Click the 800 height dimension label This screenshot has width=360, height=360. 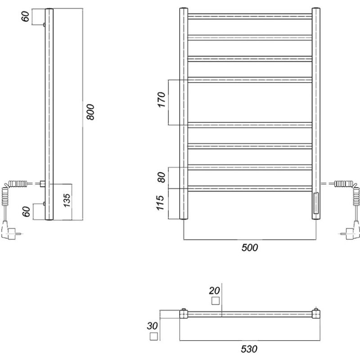click(x=90, y=112)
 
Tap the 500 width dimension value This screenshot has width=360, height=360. click(x=250, y=247)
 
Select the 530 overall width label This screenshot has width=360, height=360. click(x=249, y=349)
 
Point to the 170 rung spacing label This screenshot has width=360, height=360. click(x=162, y=99)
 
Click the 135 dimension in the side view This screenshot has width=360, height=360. click(x=67, y=200)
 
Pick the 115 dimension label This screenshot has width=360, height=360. click(x=160, y=203)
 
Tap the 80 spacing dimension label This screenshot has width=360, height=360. click(x=162, y=177)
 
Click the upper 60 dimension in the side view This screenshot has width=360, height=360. click(x=26, y=16)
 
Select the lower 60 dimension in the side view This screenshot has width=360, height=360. click(x=26, y=211)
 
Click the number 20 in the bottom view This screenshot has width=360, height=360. click(x=214, y=291)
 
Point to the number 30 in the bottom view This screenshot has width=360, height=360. click(x=152, y=326)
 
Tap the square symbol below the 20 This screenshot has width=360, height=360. click(x=216, y=301)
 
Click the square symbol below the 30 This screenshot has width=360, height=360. click(x=153, y=336)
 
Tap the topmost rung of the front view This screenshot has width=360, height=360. click(x=250, y=16)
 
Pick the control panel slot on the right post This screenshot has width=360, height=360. click(x=316, y=203)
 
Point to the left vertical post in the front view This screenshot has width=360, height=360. click(x=184, y=114)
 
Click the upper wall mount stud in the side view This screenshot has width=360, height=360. click(x=44, y=25)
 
